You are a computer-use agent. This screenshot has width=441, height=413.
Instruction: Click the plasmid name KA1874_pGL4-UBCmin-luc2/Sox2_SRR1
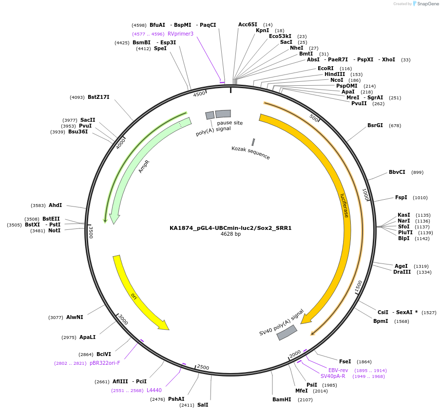point(230,227)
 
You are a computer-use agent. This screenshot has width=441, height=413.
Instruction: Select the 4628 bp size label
point(230,234)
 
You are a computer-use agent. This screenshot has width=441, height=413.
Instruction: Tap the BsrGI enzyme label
point(375,126)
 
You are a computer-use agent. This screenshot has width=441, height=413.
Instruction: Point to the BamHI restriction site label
point(282,400)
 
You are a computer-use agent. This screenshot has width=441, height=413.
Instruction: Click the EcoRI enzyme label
point(326,69)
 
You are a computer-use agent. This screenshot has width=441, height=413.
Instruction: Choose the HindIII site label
point(335,75)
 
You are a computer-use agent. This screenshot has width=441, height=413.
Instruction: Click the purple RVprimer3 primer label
point(180,34)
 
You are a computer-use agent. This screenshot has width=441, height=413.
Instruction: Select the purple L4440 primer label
point(154,391)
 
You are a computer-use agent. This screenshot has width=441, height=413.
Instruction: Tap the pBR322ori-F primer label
point(105,363)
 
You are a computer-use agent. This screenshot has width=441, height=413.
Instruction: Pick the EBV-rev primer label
point(338,371)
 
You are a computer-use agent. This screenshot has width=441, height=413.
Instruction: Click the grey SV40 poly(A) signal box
point(287,333)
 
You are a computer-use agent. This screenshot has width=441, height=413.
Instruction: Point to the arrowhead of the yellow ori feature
point(164,326)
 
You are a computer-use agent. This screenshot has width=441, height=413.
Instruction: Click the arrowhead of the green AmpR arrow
point(115,219)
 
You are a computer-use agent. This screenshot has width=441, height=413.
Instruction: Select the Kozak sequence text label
point(250,153)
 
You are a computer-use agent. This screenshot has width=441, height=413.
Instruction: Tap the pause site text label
point(230,123)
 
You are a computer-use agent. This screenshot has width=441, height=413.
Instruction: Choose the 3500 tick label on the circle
point(91,232)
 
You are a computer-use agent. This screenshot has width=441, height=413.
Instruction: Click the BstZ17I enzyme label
point(98,97)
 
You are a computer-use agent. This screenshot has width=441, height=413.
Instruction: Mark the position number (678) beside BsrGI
point(395,126)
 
